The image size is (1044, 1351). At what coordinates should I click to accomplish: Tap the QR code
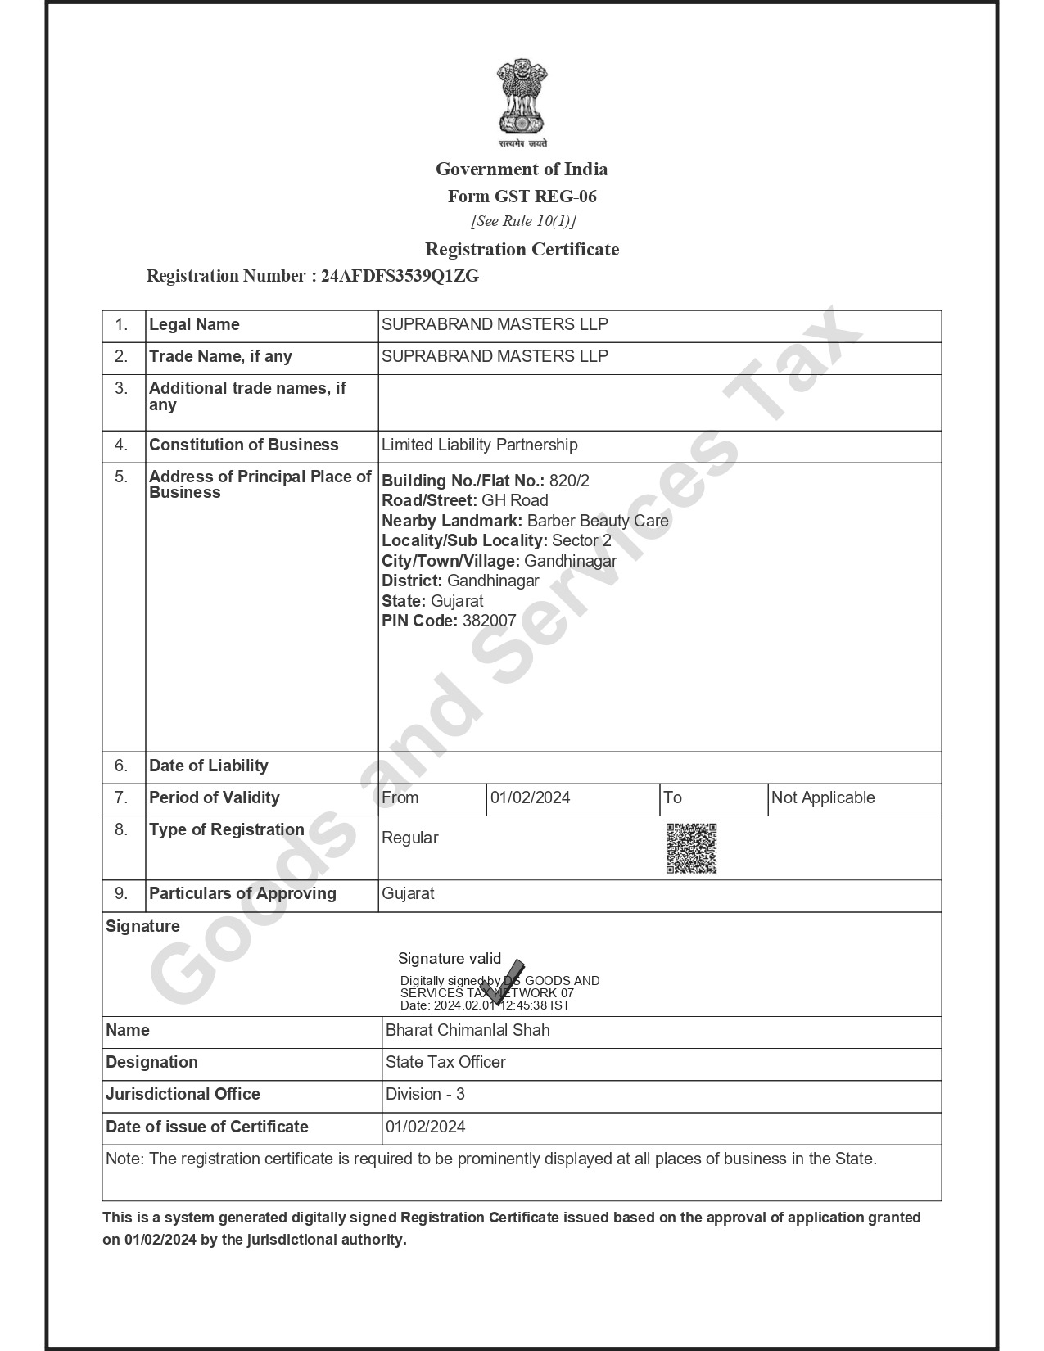coord(691,848)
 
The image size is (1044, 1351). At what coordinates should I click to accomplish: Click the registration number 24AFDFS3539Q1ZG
coord(400,276)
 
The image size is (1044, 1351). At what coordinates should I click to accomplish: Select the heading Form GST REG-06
coord(522,197)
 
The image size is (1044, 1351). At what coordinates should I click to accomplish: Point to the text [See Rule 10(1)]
coord(522,221)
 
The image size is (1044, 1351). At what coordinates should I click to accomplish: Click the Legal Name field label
coord(194,324)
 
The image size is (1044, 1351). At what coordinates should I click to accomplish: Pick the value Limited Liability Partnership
coord(479,445)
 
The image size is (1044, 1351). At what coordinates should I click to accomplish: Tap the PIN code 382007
coord(489,621)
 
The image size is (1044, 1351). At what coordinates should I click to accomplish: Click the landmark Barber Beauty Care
coord(598,521)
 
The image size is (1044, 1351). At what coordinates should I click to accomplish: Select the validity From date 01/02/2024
coord(530,797)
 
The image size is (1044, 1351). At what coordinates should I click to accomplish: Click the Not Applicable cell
coord(822,797)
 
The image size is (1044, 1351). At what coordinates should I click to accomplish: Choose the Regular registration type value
coord(409,838)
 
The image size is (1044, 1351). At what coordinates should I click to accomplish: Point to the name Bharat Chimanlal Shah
coord(468,1030)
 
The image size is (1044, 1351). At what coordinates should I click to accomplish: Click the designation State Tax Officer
coord(445,1062)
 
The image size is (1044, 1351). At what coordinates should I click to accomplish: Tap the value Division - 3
coord(425,1094)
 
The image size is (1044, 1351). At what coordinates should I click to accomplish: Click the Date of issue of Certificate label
coord(206,1127)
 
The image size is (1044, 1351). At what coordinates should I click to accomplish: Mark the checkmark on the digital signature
coord(503,980)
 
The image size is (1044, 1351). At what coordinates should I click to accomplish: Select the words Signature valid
coord(449,958)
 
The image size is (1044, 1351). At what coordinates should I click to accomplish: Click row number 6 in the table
coord(122,766)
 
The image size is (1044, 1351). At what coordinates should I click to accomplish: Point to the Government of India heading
coord(522,169)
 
